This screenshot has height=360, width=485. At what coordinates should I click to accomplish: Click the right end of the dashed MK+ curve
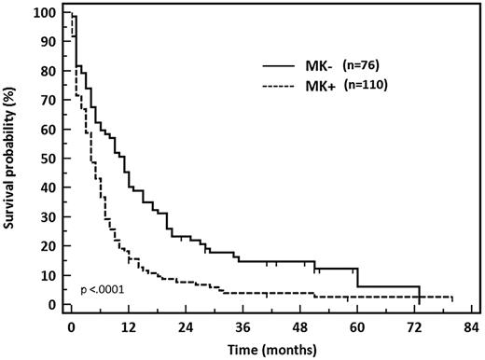453,298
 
